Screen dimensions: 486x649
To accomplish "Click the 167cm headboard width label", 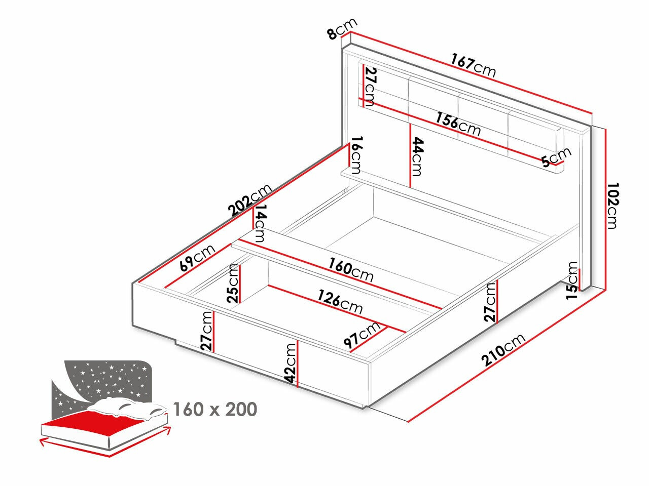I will (473, 66).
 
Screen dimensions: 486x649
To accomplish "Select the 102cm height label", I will (612, 206).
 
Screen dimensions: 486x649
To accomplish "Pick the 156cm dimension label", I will (458, 125).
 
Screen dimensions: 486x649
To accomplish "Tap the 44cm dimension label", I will (416, 156).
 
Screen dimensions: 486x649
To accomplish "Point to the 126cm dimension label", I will (340, 301).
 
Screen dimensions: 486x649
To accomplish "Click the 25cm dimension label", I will (234, 283).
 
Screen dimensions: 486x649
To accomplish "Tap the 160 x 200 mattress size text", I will (215, 409).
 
